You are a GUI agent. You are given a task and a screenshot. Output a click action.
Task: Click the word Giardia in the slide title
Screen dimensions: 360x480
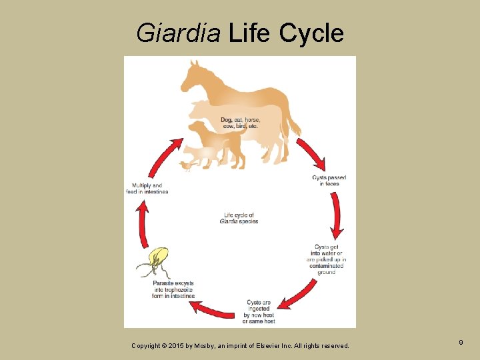178,32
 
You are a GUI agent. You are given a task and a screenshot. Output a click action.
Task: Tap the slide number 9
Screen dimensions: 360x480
461,343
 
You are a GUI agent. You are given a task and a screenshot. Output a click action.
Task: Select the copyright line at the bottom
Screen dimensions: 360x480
239,345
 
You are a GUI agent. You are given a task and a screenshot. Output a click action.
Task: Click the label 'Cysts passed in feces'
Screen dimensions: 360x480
329,180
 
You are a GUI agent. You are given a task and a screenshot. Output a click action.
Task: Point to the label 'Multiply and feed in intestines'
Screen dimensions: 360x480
147,189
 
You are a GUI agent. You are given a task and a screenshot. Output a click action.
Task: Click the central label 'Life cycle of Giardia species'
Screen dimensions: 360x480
239,218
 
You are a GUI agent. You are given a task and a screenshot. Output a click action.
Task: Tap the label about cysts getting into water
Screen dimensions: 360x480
327,259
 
